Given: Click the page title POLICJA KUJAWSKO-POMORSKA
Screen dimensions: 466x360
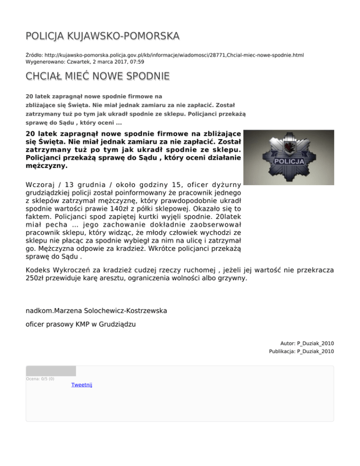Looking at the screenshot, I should click(x=103, y=36).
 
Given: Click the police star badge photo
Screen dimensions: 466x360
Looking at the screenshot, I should click(x=289, y=157).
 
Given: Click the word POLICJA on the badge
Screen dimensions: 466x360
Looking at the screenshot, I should click(x=289, y=162).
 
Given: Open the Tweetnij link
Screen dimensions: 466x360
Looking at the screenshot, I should click(x=82, y=385).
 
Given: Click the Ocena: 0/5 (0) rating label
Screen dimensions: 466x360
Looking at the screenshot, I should click(x=40, y=379).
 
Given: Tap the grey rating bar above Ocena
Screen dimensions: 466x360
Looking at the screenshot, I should click(x=51, y=371).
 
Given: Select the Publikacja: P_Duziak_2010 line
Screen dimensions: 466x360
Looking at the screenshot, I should click(x=301, y=351).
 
